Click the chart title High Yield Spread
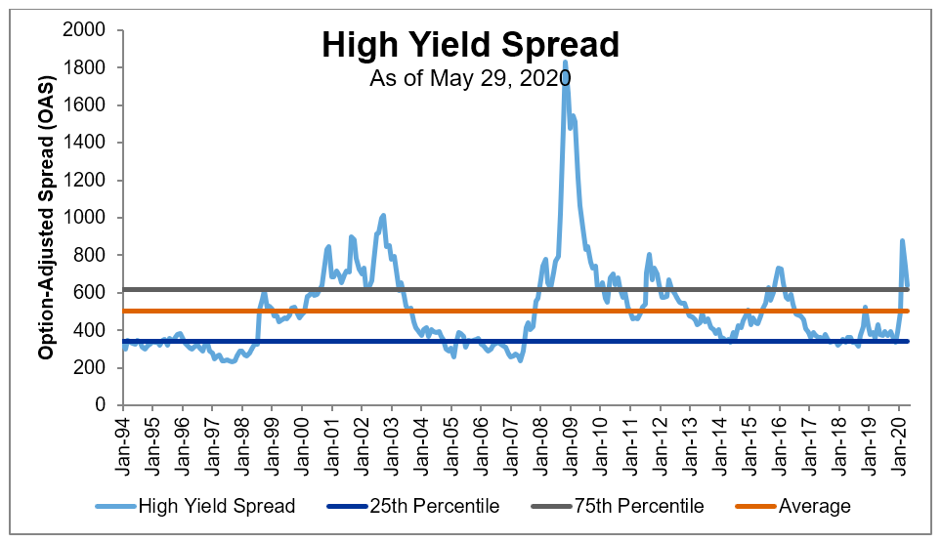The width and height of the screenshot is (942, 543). pos(470,45)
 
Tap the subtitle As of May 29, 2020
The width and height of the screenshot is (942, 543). pos(470,78)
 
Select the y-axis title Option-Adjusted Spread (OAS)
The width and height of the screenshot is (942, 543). pos(46,218)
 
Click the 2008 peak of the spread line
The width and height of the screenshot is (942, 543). pos(565,89)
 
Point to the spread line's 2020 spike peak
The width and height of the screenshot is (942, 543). pos(902,240)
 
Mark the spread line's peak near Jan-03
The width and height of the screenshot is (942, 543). pos(383,215)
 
